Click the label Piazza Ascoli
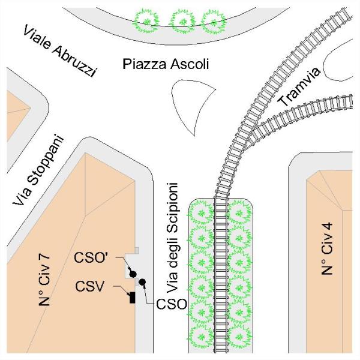(165, 64)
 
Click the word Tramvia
(300, 95)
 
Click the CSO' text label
(92, 259)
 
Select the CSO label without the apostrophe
(172, 304)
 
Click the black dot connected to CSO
(143, 282)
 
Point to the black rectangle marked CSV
(132, 297)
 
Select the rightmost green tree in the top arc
(212, 21)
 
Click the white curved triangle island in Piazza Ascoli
(191, 95)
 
